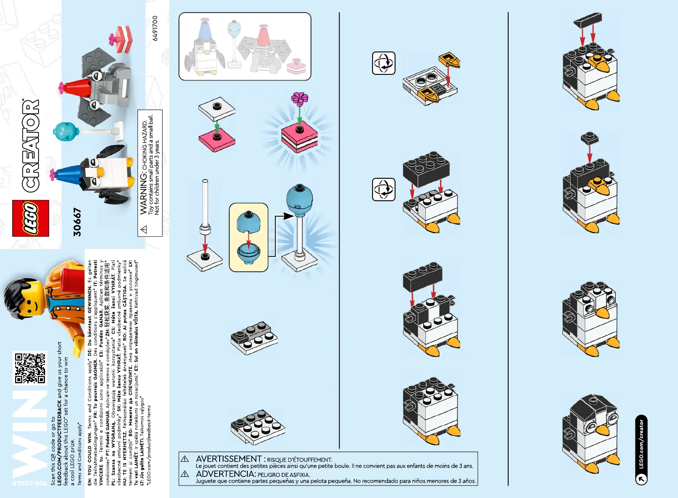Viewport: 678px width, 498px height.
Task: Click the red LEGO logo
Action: click(x=30, y=218)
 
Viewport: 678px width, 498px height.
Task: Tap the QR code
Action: click(x=30, y=368)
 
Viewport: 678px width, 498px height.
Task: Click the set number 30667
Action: click(x=77, y=222)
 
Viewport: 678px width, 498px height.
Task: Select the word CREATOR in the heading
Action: click(x=31, y=146)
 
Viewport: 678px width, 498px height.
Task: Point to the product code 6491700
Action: click(x=155, y=29)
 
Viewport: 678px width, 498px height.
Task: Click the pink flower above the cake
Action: click(x=299, y=99)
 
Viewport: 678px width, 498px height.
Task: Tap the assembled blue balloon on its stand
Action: click(x=299, y=200)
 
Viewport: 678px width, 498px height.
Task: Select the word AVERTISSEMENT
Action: click(x=229, y=459)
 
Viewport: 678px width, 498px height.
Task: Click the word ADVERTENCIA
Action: click(x=225, y=474)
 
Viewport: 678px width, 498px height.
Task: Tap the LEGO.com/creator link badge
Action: click(x=641, y=450)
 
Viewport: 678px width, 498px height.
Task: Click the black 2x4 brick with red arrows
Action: click(x=426, y=167)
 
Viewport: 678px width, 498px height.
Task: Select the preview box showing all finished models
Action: click(x=245, y=46)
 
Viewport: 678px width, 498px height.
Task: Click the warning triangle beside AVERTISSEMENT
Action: click(x=185, y=459)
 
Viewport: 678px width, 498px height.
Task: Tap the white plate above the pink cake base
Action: click(x=217, y=109)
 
